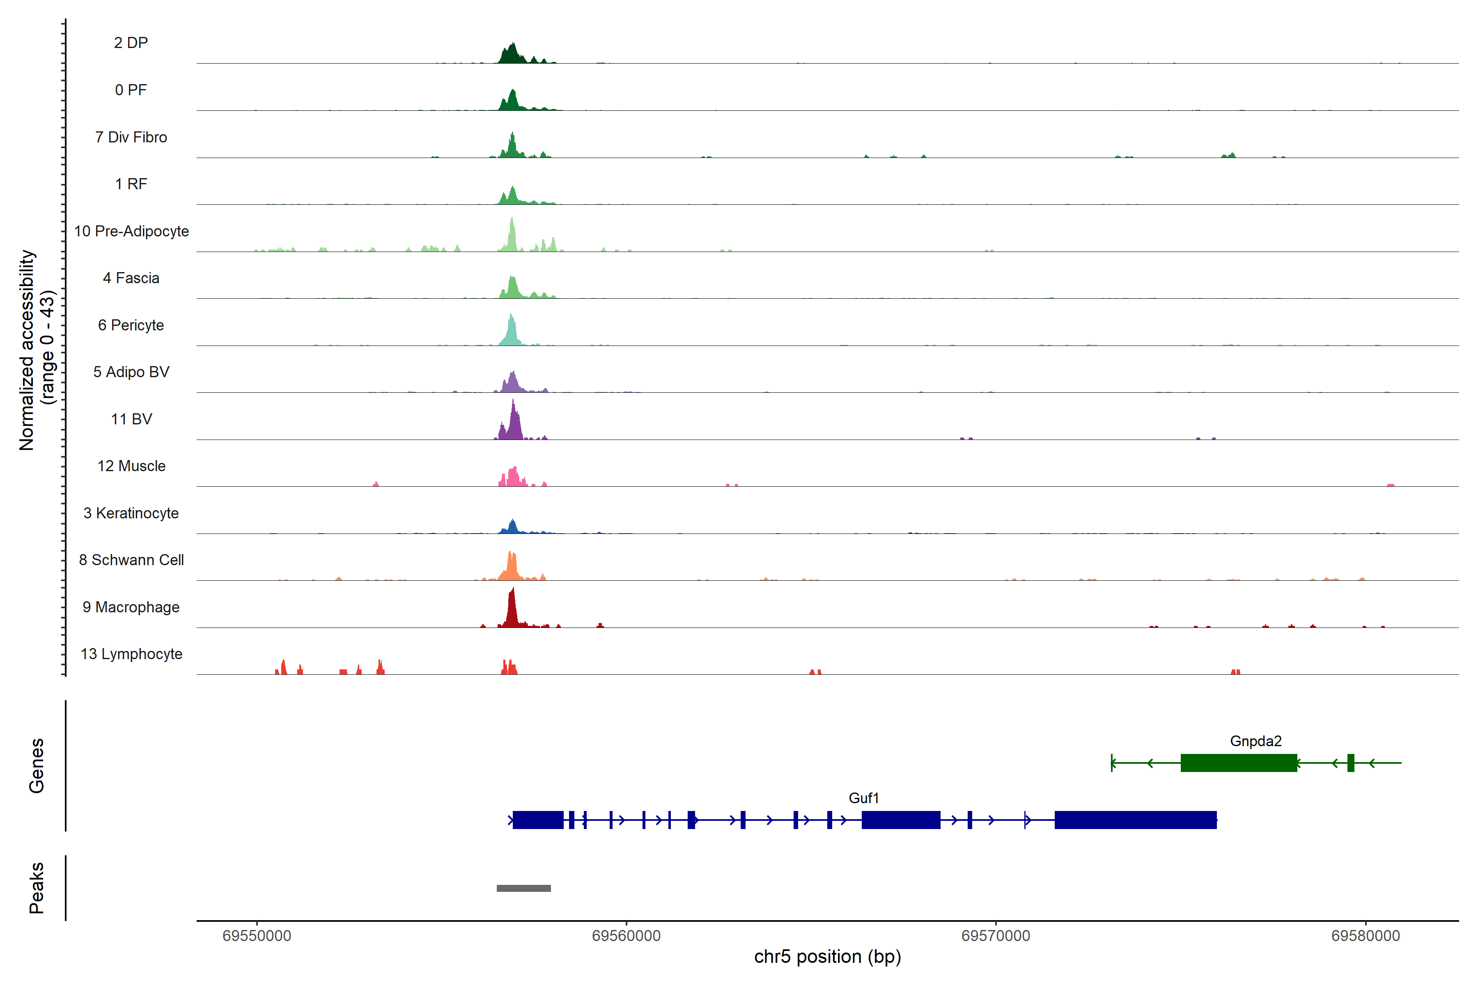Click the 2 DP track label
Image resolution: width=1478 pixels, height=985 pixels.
tap(131, 43)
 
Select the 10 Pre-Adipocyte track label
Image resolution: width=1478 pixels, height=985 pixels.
tap(131, 231)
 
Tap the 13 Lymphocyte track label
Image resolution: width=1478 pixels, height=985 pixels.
tap(131, 654)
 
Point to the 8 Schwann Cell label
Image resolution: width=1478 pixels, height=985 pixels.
tap(131, 560)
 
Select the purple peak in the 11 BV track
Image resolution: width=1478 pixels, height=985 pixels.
tap(514, 424)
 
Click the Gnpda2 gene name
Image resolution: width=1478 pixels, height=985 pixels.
tap(1255, 741)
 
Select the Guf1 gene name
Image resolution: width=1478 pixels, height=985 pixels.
tap(863, 798)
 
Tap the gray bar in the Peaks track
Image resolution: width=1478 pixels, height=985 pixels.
tap(523, 888)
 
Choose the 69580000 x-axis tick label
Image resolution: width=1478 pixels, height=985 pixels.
tap(1365, 936)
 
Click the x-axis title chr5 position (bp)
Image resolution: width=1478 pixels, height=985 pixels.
tap(827, 957)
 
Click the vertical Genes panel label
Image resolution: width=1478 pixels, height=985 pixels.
tap(37, 766)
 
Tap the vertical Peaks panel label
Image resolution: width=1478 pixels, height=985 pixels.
tap(37, 888)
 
